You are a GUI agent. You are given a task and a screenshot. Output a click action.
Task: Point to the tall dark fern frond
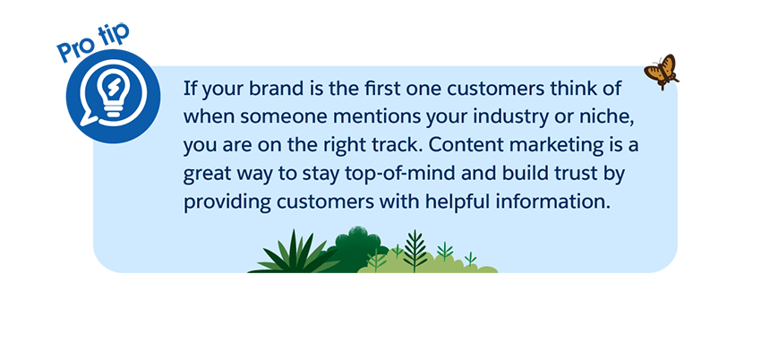(415, 250)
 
